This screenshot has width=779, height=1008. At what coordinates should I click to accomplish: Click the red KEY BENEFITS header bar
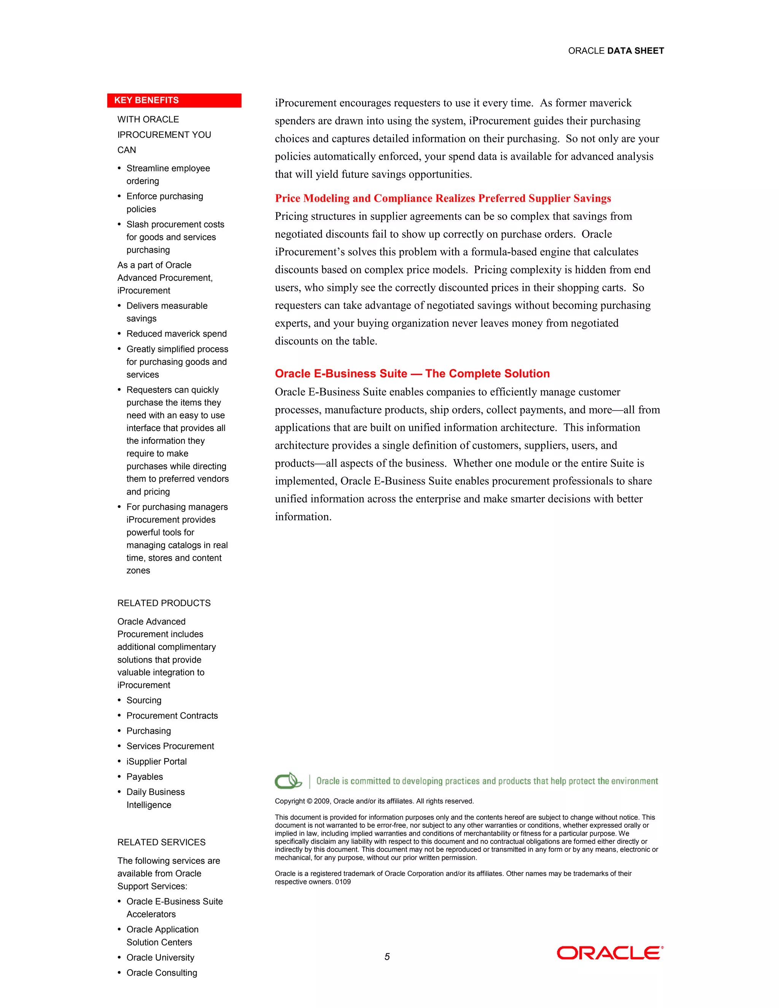pyautogui.click(x=174, y=100)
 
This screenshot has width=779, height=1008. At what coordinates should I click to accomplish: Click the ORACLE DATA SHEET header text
pyautogui.click(x=616, y=51)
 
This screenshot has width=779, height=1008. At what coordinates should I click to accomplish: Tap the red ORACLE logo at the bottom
pyautogui.click(x=610, y=953)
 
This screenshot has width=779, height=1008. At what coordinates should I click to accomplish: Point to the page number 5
pyautogui.click(x=387, y=957)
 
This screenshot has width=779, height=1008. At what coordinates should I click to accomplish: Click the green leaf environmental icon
pyautogui.click(x=288, y=781)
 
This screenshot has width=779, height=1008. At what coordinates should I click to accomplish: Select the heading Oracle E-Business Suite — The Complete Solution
pyautogui.click(x=412, y=374)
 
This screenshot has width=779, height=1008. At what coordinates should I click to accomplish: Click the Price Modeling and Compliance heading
pyautogui.click(x=443, y=199)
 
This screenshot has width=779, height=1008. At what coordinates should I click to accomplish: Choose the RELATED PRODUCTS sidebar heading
pyautogui.click(x=164, y=603)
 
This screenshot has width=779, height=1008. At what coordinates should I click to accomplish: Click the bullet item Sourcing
pyautogui.click(x=144, y=700)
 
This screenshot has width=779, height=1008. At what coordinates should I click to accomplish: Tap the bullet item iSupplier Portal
pyautogui.click(x=156, y=761)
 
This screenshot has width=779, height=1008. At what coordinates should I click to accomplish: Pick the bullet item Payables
pyautogui.click(x=145, y=776)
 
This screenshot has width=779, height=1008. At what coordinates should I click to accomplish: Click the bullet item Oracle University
pyautogui.click(x=160, y=957)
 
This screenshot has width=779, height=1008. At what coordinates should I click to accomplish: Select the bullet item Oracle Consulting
pyautogui.click(x=162, y=973)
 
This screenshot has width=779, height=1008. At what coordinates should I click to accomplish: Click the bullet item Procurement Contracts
pyautogui.click(x=172, y=715)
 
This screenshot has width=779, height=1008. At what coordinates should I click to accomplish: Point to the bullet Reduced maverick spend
pyautogui.click(x=176, y=334)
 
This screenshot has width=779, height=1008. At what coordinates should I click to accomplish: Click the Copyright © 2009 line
pyautogui.click(x=374, y=801)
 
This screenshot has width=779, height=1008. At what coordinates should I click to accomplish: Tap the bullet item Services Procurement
pyautogui.click(x=170, y=746)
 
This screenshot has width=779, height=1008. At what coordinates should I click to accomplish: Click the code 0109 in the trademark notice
pyautogui.click(x=343, y=882)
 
